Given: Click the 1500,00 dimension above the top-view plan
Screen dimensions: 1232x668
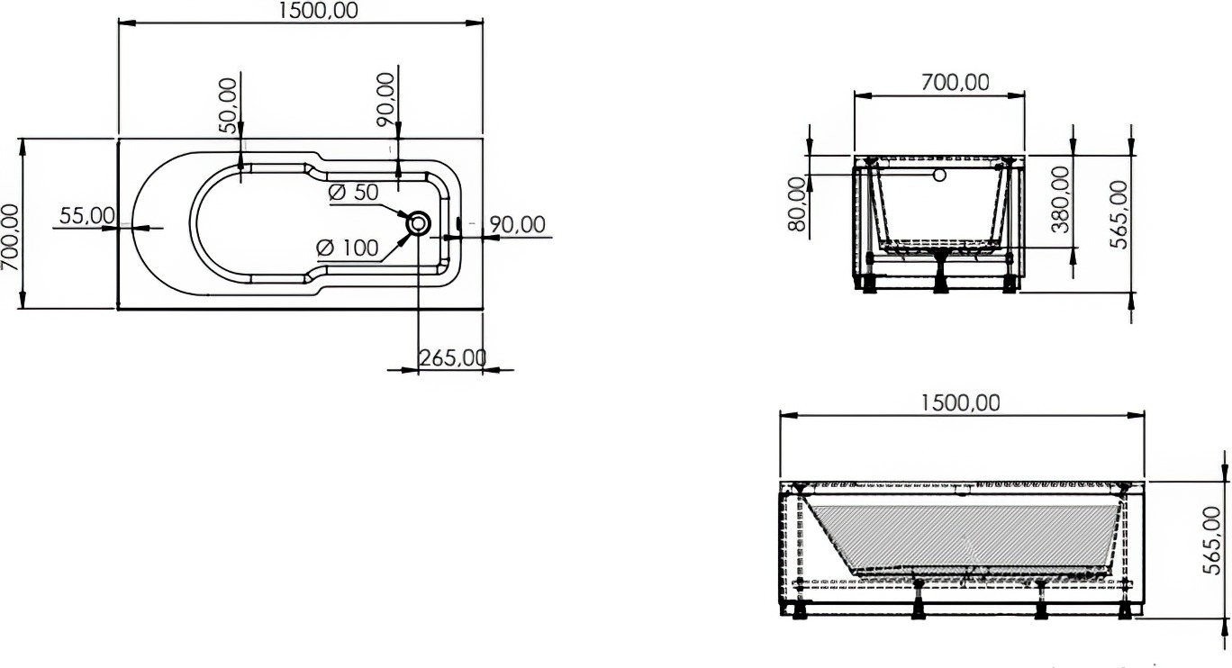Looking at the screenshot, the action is (x=319, y=11).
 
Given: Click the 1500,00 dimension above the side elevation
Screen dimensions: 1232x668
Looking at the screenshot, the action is (x=960, y=403).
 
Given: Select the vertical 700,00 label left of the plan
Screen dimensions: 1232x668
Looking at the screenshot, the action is (x=11, y=237).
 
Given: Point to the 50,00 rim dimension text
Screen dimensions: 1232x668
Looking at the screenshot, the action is (x=227, y=105).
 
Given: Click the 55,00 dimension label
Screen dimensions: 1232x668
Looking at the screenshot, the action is (x=86, y=215).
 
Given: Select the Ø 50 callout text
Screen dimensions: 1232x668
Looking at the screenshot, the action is (x=354, y=193).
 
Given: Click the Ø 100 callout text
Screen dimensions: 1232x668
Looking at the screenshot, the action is (x=348, y=248).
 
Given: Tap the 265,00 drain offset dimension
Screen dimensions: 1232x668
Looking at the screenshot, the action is (x=453, y=358).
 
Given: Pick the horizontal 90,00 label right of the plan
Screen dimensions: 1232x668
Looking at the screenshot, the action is (x=518, y=224).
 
